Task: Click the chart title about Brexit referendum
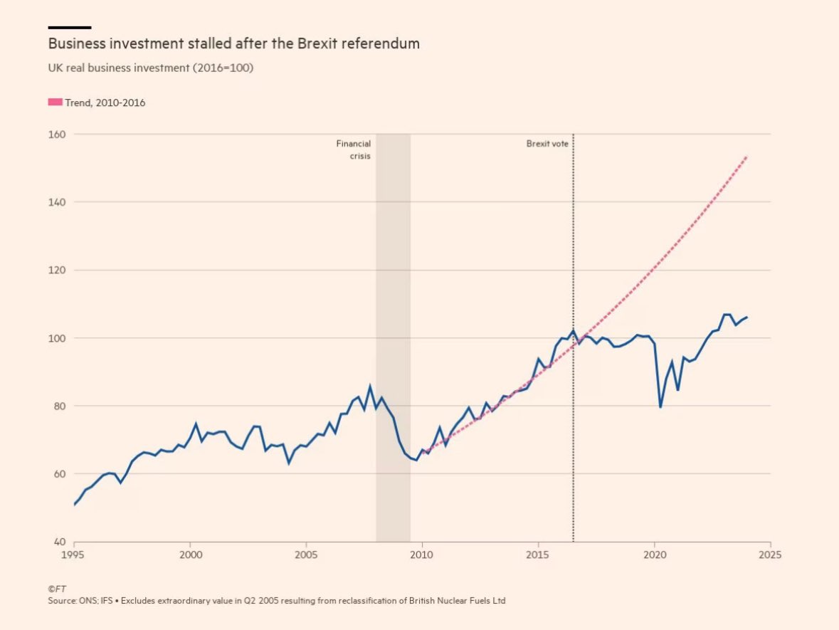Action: click(233, 43)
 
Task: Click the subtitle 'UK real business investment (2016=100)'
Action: click(151, 68)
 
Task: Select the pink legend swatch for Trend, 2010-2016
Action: click(55, 103)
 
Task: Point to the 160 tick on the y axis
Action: click(57, 135)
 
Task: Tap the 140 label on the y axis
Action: click(57, 202)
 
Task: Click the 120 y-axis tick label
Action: click(57, 271)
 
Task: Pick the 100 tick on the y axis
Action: click(57, 338)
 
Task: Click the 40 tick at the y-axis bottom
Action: click(59, 542)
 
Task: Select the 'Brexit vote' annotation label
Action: click(547, 144)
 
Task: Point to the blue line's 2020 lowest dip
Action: click(660, 407)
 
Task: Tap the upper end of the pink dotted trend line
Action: click(746, 156)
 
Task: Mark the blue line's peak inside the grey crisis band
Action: click(381, 397)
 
